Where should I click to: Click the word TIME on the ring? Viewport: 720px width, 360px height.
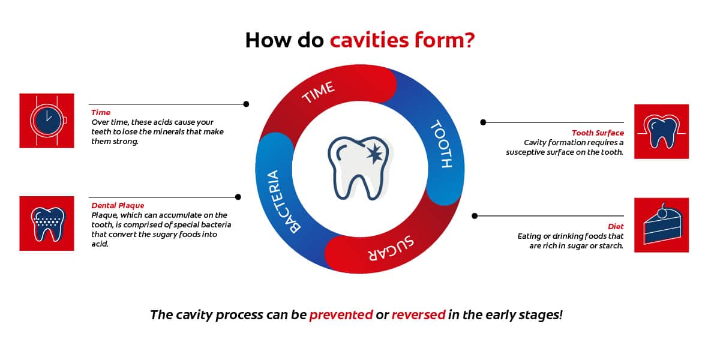coord(318,92)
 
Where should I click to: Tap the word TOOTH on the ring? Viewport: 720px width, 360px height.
coord(442,143)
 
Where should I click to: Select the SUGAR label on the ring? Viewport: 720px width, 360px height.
coord(391,248)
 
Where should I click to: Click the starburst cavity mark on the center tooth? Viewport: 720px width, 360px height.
coord(374,154)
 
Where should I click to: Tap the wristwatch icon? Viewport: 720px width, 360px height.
coord(47,121)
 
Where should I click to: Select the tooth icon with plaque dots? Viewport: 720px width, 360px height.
coord(47,224)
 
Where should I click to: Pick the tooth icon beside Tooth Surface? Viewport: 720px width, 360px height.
coord(661,131)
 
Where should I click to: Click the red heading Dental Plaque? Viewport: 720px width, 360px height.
coord(118,205)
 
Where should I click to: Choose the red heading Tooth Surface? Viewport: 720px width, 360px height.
coord(598,133)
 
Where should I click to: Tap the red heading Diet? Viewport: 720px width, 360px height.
coord(616,226)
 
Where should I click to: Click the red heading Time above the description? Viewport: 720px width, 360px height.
coord(101,113)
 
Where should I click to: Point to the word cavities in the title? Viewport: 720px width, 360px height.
coord(369,40)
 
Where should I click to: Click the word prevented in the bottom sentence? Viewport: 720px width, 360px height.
coord(341,314)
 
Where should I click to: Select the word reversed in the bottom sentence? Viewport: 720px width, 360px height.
coord(419,314)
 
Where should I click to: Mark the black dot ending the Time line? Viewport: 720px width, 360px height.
coord(246,104)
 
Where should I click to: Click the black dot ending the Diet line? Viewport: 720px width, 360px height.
coord(475,216)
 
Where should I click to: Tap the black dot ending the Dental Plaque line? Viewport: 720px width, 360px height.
coord(238,197)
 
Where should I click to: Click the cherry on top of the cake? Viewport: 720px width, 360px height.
coord(662,213)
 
